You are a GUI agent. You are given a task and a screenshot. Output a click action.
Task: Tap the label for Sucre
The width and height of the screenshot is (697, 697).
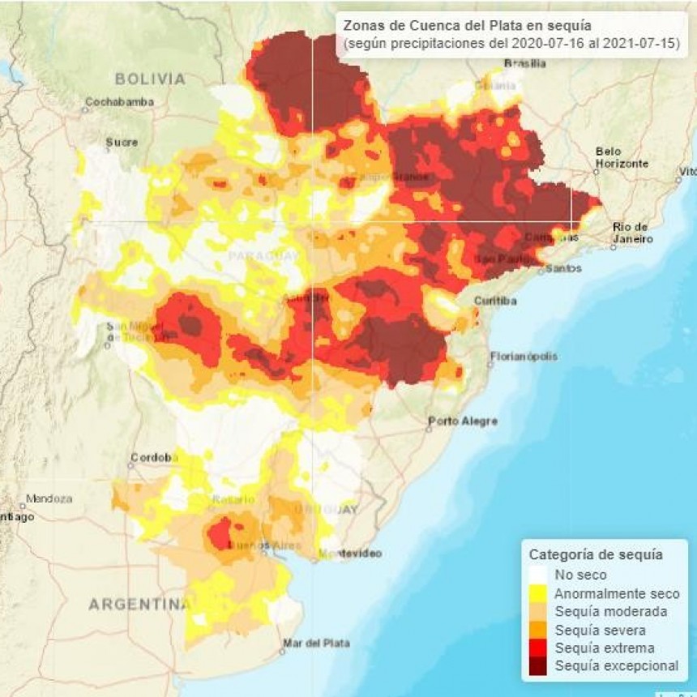point(122,142)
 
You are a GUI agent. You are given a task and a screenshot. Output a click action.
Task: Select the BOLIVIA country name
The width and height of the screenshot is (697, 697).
point(150,79)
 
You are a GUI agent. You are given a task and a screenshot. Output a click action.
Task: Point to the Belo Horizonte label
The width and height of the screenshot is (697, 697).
point(622,157)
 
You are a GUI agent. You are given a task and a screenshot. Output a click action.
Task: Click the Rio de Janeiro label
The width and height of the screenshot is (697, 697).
point(631,233)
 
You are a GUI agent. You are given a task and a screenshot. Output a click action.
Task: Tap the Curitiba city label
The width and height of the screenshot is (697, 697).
point(496,301)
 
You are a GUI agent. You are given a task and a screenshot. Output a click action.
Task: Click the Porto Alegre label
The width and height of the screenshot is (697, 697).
point(463,421)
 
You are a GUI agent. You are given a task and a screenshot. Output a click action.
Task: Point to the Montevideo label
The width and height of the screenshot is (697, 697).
point(349,554)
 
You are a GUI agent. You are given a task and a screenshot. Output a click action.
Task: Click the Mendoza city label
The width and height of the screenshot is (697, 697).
point(49,498)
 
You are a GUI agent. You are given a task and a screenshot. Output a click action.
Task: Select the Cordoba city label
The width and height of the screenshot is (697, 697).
point(153,457)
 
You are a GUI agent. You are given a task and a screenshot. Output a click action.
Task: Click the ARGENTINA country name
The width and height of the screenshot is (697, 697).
point(138,604)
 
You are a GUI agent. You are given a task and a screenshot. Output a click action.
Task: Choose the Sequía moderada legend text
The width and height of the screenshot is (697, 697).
point(610,611)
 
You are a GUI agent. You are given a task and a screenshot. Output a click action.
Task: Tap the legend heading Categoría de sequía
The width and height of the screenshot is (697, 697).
point(596,555)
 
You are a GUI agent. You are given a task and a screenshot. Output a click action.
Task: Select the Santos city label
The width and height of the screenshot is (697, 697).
point(562,268)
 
